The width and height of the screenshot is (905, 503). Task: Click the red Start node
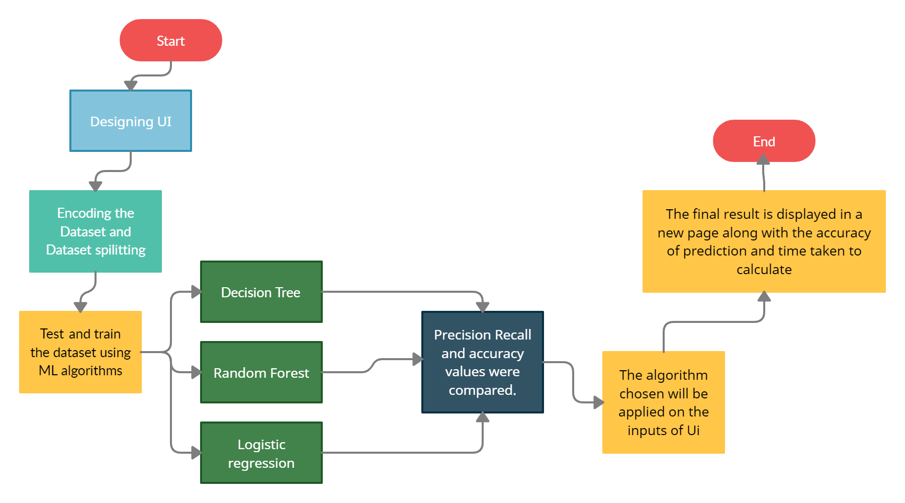(x=170, y=40)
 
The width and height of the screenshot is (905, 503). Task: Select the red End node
(x=764, y=141)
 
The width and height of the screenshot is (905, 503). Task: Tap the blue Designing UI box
(x=131, y=121)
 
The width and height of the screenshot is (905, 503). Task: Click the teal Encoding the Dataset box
(x=96, y=231)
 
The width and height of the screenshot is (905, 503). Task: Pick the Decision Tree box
(x=261, y=292)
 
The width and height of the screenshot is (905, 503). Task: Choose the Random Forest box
(x=261, y=372)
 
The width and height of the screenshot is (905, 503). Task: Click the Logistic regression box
(x=261, y=453)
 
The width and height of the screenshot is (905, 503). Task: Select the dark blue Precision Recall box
(x=482, y=362)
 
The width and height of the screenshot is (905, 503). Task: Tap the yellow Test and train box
(x=80, y=352)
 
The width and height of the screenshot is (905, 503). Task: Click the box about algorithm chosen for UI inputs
(x=663, y=402)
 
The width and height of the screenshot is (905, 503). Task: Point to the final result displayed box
(x=764, y=241)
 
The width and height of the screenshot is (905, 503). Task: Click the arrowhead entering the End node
(x=763, y=159)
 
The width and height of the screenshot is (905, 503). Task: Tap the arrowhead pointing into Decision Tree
(x=196, y=292)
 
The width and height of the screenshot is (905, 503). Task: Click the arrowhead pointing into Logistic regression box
(x=196, y=453)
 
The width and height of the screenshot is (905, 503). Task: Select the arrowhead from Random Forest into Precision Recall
(x=417, y=359)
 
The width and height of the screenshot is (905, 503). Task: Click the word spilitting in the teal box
(x=120, y=250)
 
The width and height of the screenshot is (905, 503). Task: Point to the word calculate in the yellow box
(x=764, y=270)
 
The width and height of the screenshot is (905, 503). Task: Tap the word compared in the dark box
(x=482, y=390)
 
